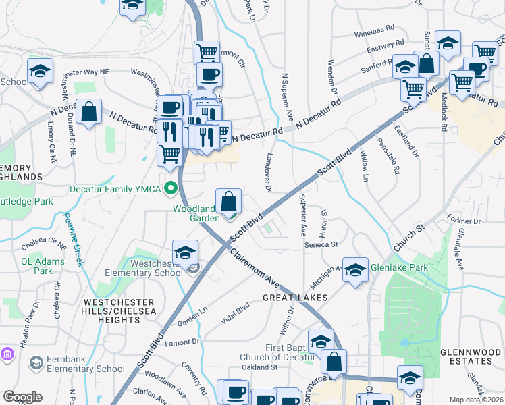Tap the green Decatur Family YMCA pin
tap(171, 188)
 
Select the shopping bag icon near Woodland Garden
tap(229, 201)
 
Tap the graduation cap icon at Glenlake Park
tap(354, 271)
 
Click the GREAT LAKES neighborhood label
tap(296, 297)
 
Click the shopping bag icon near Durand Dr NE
tap(88, 112)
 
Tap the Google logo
tap(22, 397)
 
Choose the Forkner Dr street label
tap(463, 220)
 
